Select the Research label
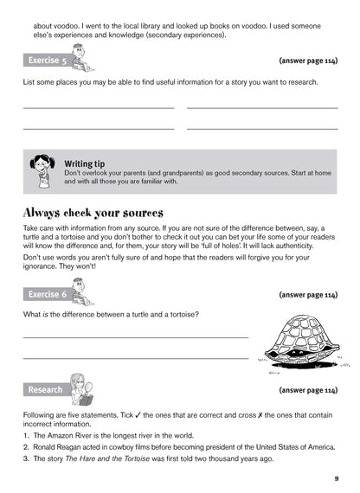point(45,389)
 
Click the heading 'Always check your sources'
point(93,213)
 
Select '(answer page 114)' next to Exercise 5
point(308,61)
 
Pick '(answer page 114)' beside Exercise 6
point(308,295)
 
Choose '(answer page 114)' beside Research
point(308,390)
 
